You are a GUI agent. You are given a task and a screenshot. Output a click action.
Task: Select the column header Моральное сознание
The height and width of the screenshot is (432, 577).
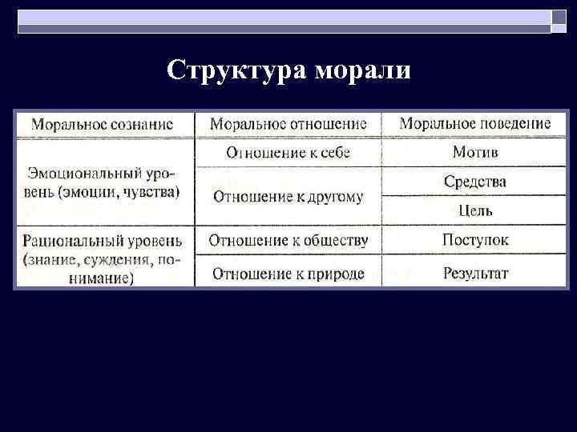click(102, 124)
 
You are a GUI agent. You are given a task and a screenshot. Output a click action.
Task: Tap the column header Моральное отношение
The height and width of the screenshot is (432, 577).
click(288, 124)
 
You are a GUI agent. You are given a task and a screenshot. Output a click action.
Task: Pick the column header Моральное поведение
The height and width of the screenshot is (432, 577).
click(475, 124)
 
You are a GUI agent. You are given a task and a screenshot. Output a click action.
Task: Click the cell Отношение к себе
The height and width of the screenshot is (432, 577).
click(288, 153)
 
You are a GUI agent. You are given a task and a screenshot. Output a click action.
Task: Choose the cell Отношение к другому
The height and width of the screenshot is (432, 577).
click(288, 196)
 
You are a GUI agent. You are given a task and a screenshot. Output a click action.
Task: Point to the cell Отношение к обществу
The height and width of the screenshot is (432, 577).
click(288, 240)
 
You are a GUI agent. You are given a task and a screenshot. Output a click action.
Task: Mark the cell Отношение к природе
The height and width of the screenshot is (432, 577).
click(288, 274)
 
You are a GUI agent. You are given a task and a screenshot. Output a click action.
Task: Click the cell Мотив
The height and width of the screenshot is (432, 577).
click(475, 152)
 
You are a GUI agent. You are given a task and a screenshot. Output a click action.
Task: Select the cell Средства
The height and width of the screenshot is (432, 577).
click(475, 182)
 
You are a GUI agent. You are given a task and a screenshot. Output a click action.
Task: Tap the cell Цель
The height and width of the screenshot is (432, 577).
click(475, 211)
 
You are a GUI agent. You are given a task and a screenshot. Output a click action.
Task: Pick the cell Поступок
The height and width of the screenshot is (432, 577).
click(475, 240)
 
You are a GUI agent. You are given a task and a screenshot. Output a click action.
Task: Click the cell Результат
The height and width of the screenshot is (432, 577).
click(475, 274)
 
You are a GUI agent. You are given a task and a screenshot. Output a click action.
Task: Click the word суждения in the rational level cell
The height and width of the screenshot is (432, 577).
click(123, 259)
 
